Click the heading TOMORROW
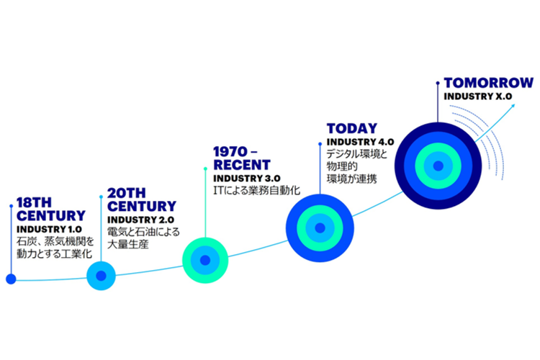pyautogui.click(x=488, y=83)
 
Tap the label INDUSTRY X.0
pyautogui.click(x=477, y=96)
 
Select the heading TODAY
pyautogui.click(x=352, y=128)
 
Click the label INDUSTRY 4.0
pyautogui.click(x=360, y=142)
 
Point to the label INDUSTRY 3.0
pyautogui.click(x=247, y=179)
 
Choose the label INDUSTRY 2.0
pyautogui.click(x=141, y=220)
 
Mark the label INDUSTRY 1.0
pyautogui.click(x=49, y=230)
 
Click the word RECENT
pyautogui.click(x=242, y=165)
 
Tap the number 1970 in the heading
pyautogui.click(x=230, y=152)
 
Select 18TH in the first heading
pyautogui.click(x=34, y=202)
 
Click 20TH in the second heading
pyautogui.click(x=127, y=193)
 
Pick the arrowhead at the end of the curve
pyautogui.click(x=513, y=106)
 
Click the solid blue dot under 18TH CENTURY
pyautogui.click(x=11, y=279)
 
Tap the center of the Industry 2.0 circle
pyautogui.click(x=101, y=276)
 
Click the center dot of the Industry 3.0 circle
pyautogui.click(x=205, y=260)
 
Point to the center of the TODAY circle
pyautogui.click(x=320, y=228)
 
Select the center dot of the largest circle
pyautogui.click(x=438, y=166)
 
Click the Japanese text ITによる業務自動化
pyautogui.click(x=257, y=190)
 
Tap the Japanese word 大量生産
pyautogui.click(x=128, y=244)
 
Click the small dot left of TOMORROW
pyautogui.click(x=438, y=83)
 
